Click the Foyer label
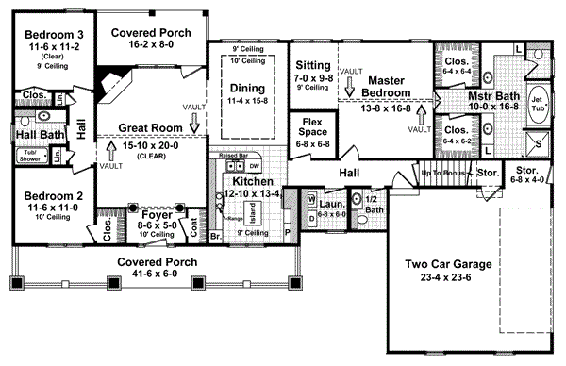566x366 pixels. tap(141, 215)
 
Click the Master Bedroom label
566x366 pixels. tap(387, 87)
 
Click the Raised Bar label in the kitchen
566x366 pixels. tap(233, 154)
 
